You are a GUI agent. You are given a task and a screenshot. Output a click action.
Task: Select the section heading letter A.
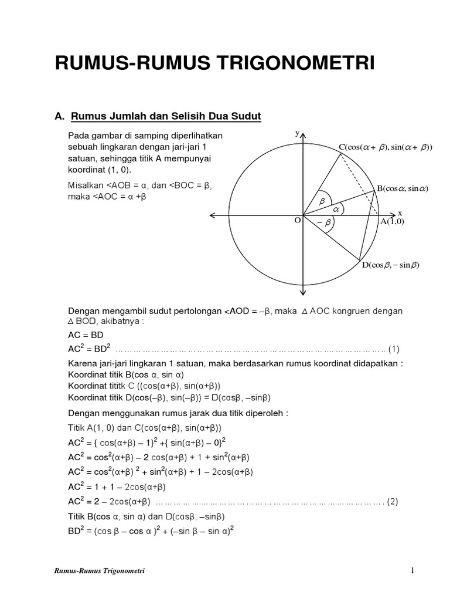[59, 116]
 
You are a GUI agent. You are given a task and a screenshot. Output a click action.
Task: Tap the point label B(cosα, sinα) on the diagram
[403, 188]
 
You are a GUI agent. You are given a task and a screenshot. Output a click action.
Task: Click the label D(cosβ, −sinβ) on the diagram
[390, 265]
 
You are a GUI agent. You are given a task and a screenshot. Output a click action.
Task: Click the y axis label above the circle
[297, 134]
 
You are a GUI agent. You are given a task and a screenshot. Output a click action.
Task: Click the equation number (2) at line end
[393, 502]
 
